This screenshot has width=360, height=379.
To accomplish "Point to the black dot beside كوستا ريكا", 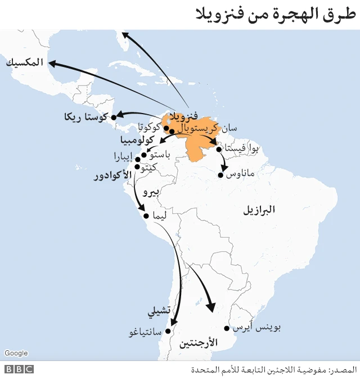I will click(x=113, y=118).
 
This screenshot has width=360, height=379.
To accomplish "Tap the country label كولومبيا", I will click(x=138, y=139).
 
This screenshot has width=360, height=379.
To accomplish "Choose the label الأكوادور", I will click(x=112, y=176).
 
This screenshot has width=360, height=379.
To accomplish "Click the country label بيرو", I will click(x=151, y=192).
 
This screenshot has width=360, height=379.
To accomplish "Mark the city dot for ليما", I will click(x=146, y=216).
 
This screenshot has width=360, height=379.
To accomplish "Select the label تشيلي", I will click(x=158, y=310).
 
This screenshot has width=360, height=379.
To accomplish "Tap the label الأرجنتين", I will click(x=197, y=342).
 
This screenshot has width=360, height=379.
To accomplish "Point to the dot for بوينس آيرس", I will click(x=227, y=328).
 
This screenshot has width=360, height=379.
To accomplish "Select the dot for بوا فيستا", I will click(x=219, y=150).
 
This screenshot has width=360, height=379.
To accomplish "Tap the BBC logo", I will click(x=19, y=369).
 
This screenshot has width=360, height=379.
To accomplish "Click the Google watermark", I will click(x=16, y=353).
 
